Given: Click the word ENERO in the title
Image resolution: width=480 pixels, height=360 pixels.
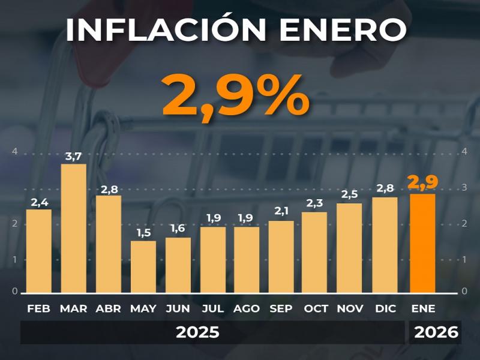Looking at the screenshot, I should pyautogui.click(x=345, y=30).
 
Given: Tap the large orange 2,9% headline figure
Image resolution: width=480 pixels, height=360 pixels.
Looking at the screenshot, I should pyautogui.click(x=236, y=96).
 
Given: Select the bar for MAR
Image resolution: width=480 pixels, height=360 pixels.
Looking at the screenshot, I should pyautogui.click(x=74, y=228).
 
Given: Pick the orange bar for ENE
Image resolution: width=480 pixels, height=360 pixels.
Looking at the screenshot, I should pyautogui.click(x=423, y=243).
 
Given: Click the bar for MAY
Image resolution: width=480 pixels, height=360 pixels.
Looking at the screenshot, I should pyautogui.click(x=143, y=267).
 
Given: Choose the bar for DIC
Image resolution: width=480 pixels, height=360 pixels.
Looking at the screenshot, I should pyautogui.click(x=385, y=245).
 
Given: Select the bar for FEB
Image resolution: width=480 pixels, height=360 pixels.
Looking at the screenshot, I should pyautogui.click(x=39, y=251).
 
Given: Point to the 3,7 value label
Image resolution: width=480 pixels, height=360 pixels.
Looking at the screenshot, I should pyautogui.click(x=74, y=157).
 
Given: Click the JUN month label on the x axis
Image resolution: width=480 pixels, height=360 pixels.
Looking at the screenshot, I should pyautogui.click(x=178, y=308).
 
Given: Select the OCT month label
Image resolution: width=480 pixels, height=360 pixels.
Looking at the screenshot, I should pyautogui.click(x=316, y=308).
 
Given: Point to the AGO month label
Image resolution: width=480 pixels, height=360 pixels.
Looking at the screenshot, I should pyautogui.click(x=247, y=308).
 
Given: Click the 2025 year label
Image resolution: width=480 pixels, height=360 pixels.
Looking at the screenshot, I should pyautogui.click(x=197, y=332).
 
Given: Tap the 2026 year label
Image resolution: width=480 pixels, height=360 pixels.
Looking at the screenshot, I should pyautogui.click(x=436, y=332).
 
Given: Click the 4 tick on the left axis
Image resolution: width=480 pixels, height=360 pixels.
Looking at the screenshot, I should pyautogui.click(x=15, y=152).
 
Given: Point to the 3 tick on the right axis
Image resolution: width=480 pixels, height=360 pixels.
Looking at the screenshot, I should pyautogui.click(x=464, y=188).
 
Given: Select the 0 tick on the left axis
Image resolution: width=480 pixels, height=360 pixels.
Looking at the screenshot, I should pyautogui.click(x=15, y=291).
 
